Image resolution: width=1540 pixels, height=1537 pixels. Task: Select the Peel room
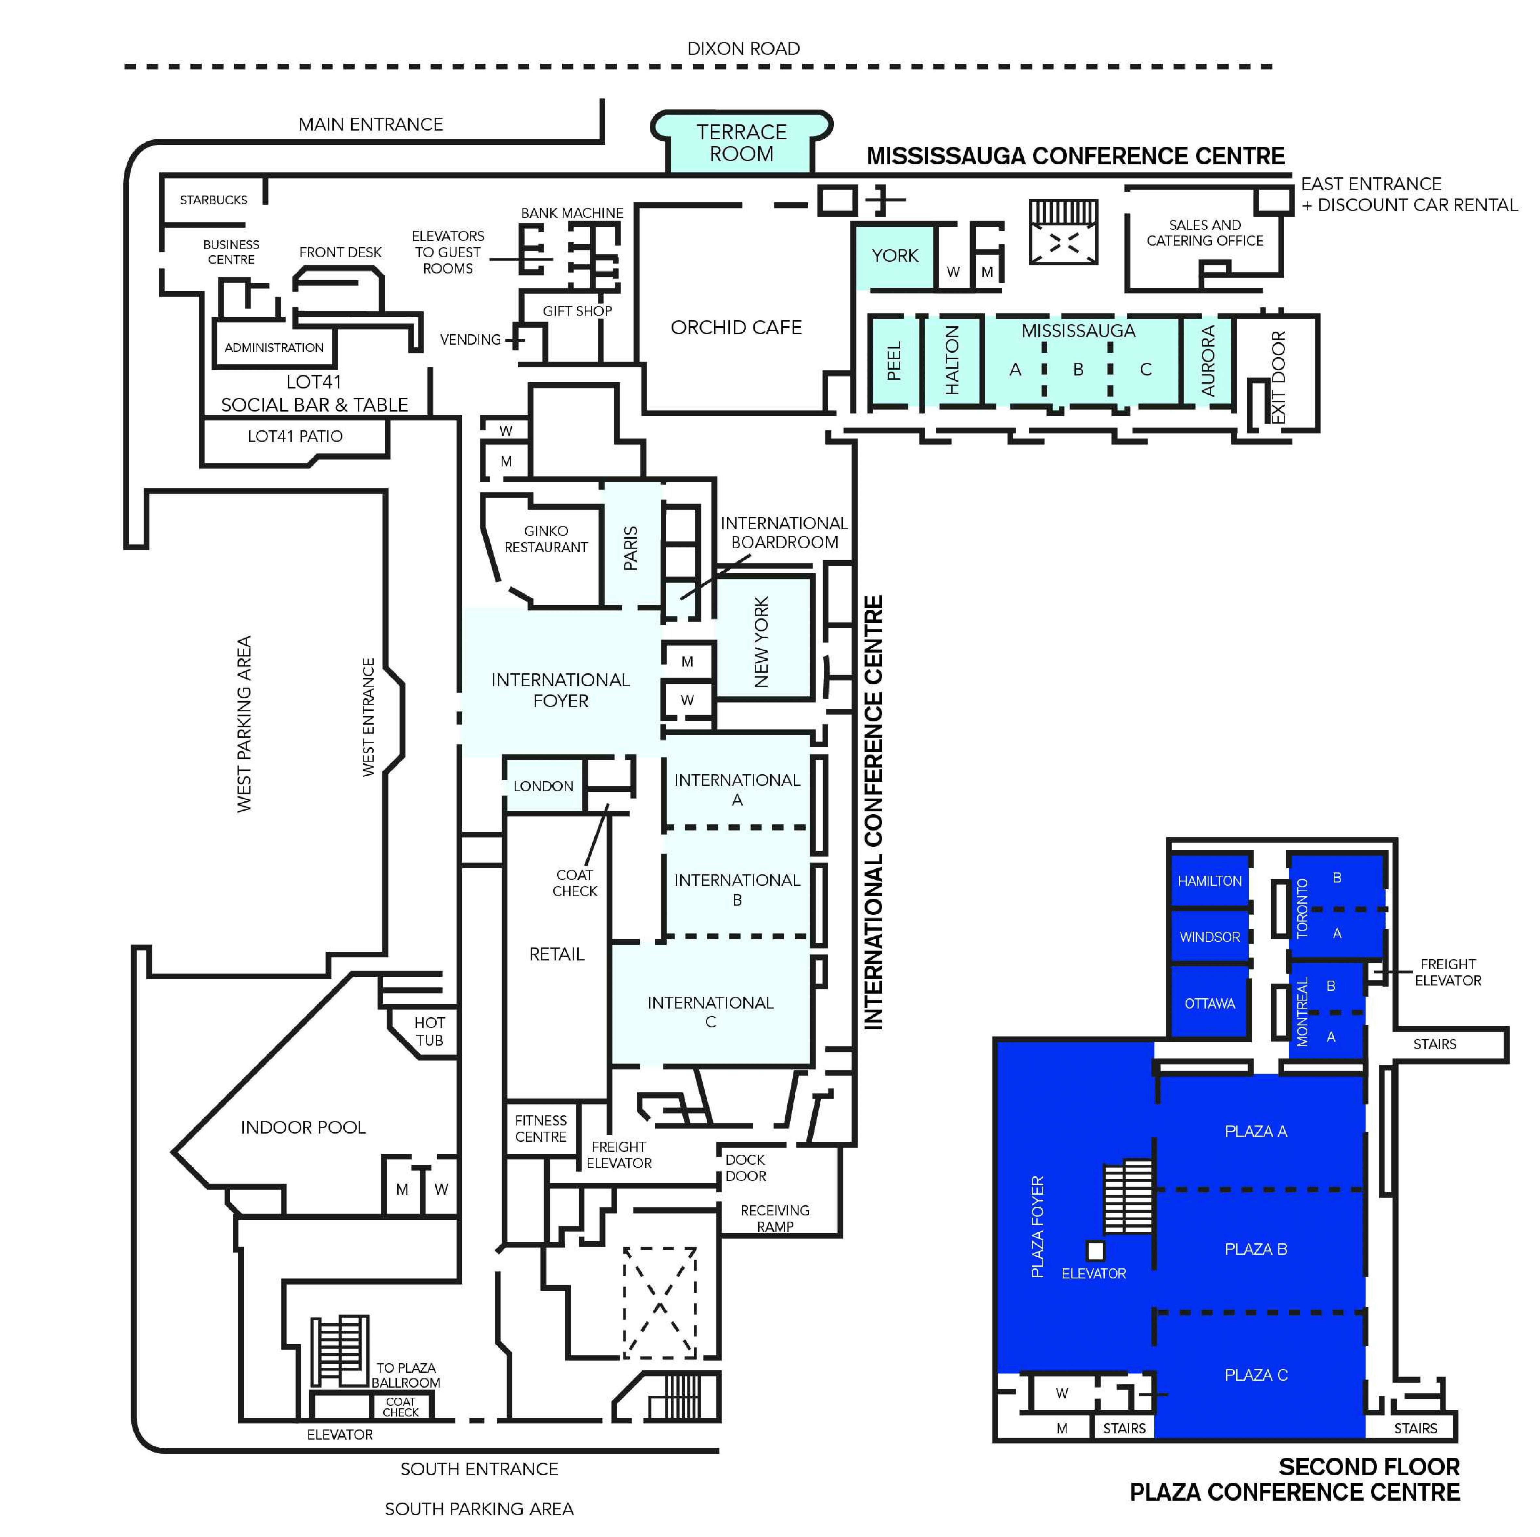pos(894,361)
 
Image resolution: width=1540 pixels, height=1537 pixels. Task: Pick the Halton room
pos(953,361)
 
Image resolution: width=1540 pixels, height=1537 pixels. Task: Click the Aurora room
pos(1208,361)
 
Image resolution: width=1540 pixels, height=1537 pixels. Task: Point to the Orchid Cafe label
pos(736,327)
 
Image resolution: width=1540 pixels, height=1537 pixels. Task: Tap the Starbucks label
pos(214,200)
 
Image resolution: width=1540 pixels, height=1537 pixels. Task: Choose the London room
pos(544,786)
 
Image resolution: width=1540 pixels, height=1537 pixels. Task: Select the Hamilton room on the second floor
pos(1209,881)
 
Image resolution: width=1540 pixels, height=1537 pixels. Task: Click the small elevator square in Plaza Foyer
pos(1095,1250)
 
